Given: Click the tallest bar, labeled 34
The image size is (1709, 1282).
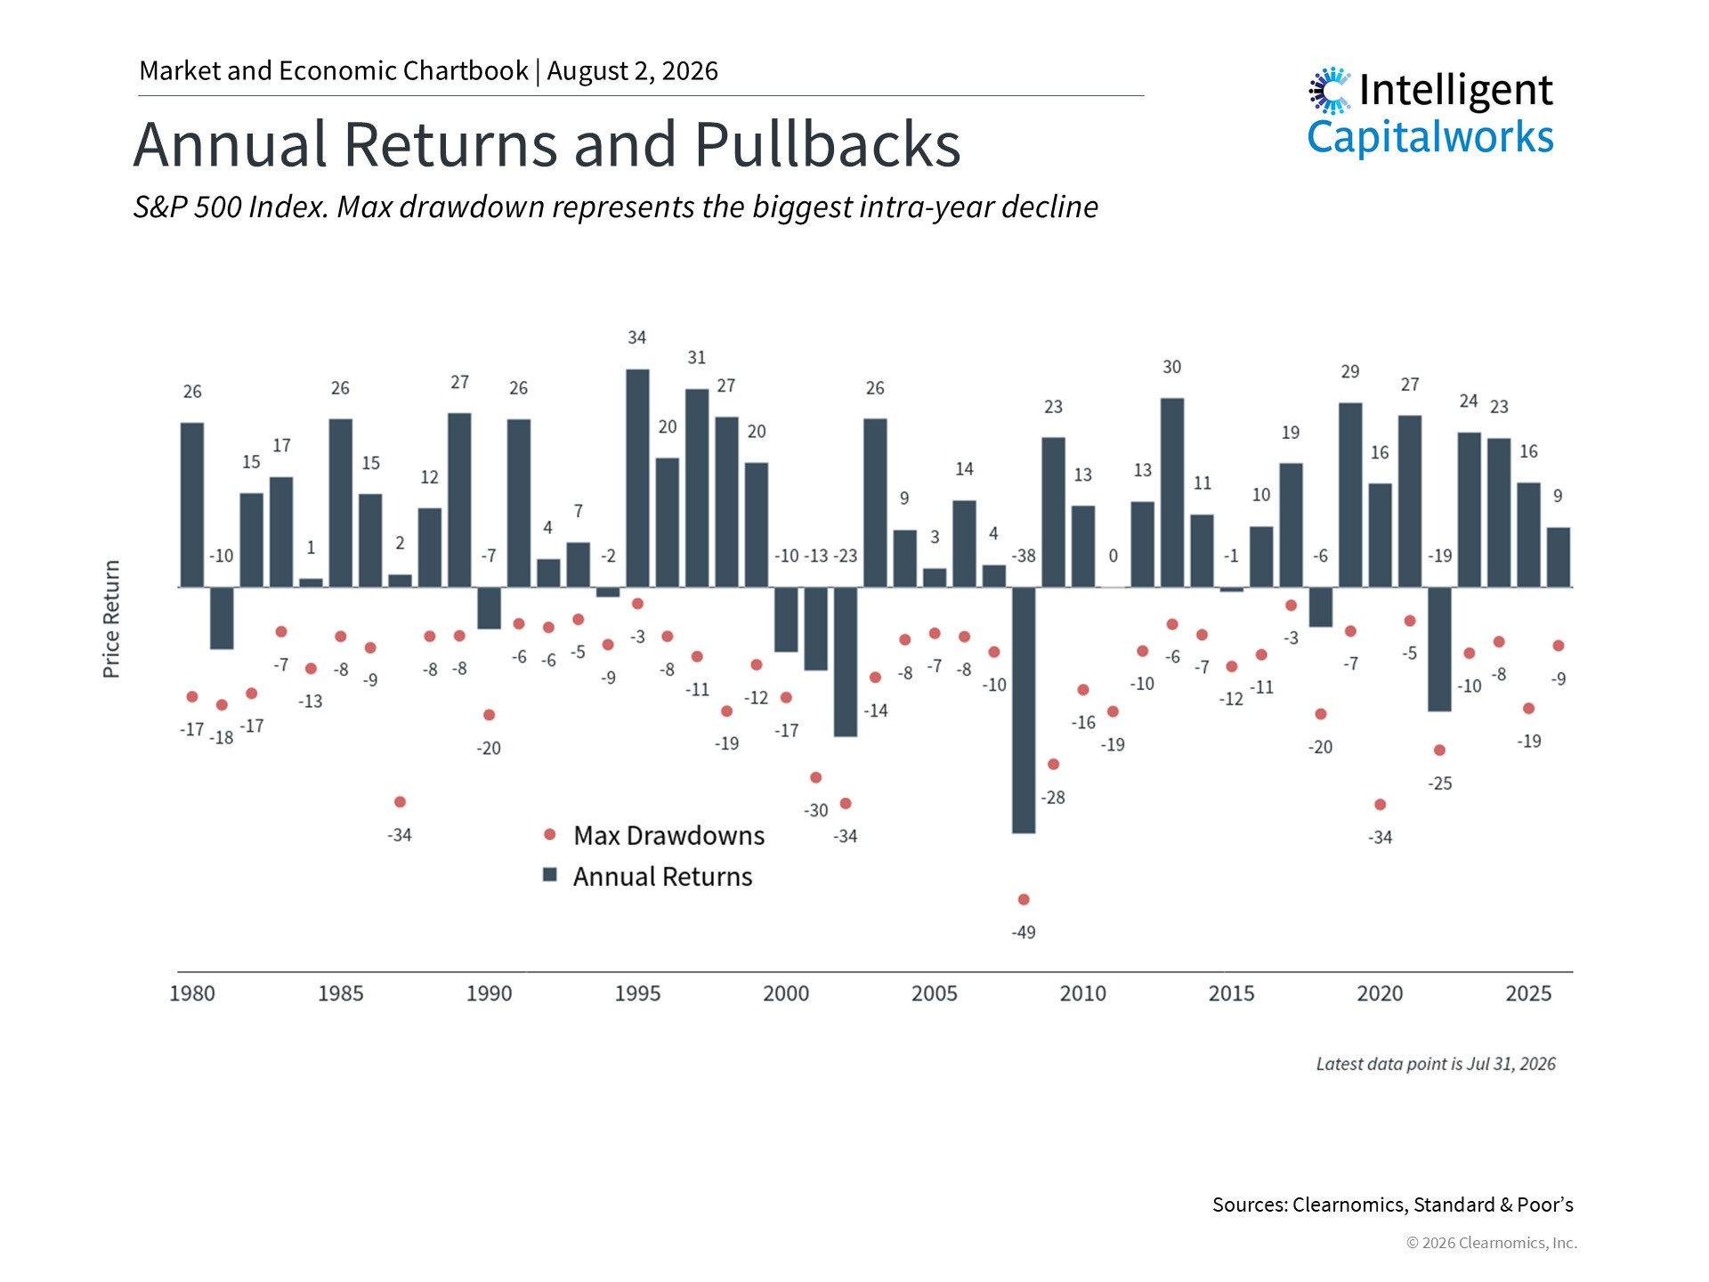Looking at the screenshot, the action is (x=637, y=478).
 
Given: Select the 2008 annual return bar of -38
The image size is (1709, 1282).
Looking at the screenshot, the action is (x=1024, y=710).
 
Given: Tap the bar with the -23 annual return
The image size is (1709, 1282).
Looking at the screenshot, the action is (x=846, y=661).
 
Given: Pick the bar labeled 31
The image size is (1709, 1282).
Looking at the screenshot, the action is (x=697, y=488).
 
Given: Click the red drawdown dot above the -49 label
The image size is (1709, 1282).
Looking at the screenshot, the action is (x=1024, y=899).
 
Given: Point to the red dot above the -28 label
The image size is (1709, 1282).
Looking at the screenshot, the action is (x=1053, y=764).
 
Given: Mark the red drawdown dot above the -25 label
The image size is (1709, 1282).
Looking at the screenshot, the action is (x=1439, y=750).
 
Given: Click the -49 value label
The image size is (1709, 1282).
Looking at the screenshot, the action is (x=1024, y=932).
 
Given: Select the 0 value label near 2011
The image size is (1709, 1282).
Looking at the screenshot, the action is (x=1113, y=556).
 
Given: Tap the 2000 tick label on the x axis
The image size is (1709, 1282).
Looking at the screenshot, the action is (x=786, y=994).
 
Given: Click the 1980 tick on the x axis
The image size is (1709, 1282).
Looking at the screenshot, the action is (x=192, y=994).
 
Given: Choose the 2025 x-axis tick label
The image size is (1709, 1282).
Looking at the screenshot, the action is (x=1528, y=994).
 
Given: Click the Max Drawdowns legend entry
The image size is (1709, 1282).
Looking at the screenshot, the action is (x=654, y=835).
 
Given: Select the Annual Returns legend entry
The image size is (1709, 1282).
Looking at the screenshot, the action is (x=648, y=877).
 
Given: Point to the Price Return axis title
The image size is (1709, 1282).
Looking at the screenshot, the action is (x=111, y=619).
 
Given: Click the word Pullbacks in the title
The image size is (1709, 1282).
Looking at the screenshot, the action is (x=828, y=144).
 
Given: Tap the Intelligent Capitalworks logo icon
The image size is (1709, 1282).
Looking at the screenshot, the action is (x=1330, y=90).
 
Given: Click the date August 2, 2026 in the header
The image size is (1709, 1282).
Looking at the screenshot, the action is (x=633, y=71).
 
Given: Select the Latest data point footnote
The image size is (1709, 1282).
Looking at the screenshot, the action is (x=1436, y=1064).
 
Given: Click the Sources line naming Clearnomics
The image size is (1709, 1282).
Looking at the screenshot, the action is (x=1393, y=1205).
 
